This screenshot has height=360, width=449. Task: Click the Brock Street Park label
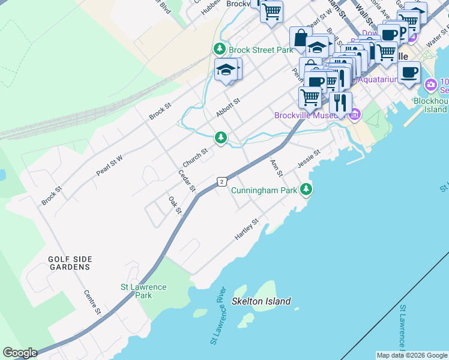coord(261,50)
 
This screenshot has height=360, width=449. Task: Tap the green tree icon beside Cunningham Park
coord(307,190)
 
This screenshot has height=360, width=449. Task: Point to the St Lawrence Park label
coord(143,291)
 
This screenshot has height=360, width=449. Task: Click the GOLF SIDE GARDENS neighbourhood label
coord(70,263)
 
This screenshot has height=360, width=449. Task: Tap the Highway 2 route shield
coord(221,181)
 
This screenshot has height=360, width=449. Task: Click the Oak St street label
coord(175,205)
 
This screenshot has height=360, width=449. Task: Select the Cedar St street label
coord(187,181)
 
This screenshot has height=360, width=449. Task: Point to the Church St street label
coord(195,158)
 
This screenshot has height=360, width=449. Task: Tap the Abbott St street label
coord(228,109)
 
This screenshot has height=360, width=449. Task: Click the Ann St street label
coord(276,168)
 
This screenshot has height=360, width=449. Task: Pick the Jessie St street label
coord(309,159)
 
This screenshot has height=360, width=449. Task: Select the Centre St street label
coord(91,302)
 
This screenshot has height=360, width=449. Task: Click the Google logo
coord(20,353)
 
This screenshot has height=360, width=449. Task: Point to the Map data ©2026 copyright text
coord(412,355)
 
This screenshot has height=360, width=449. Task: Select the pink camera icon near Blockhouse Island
coord(430,85)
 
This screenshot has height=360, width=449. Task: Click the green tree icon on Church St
coord(221,138)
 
